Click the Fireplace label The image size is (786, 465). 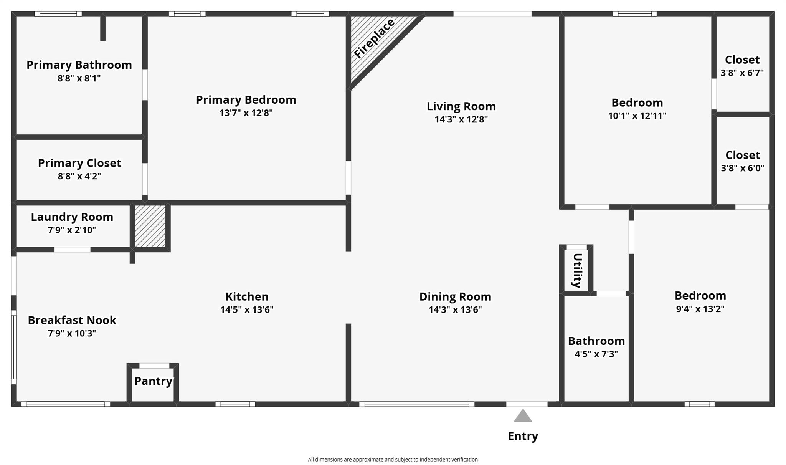coord(374,39)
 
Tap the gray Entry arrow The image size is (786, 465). coord(523,416)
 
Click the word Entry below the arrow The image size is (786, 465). coord(523,436)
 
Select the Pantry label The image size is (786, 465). coord(153,381)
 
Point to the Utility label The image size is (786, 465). coord(577,270)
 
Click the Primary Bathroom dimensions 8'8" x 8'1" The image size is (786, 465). coord(79,78)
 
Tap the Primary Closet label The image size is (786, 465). coord(79,163)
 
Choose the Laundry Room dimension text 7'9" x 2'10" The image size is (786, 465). coord(72,230)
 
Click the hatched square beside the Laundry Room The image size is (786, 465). coord(150,226)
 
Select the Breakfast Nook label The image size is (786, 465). coord(72,320)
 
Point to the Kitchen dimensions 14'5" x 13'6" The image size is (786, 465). coord(247,309)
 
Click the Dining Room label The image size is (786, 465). coord(455,296)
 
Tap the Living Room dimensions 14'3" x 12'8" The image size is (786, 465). coord(461,119)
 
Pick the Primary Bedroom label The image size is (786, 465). coord(246,100)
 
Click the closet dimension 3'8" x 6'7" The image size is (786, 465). coord(742,73)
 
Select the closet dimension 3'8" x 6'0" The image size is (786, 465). coord(742,168)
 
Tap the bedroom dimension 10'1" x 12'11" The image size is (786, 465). coord(637,116)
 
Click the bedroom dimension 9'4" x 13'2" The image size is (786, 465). coord(700,309)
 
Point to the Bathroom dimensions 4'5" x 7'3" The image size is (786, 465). coord(596,354)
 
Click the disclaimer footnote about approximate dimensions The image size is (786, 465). coord(393,460)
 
